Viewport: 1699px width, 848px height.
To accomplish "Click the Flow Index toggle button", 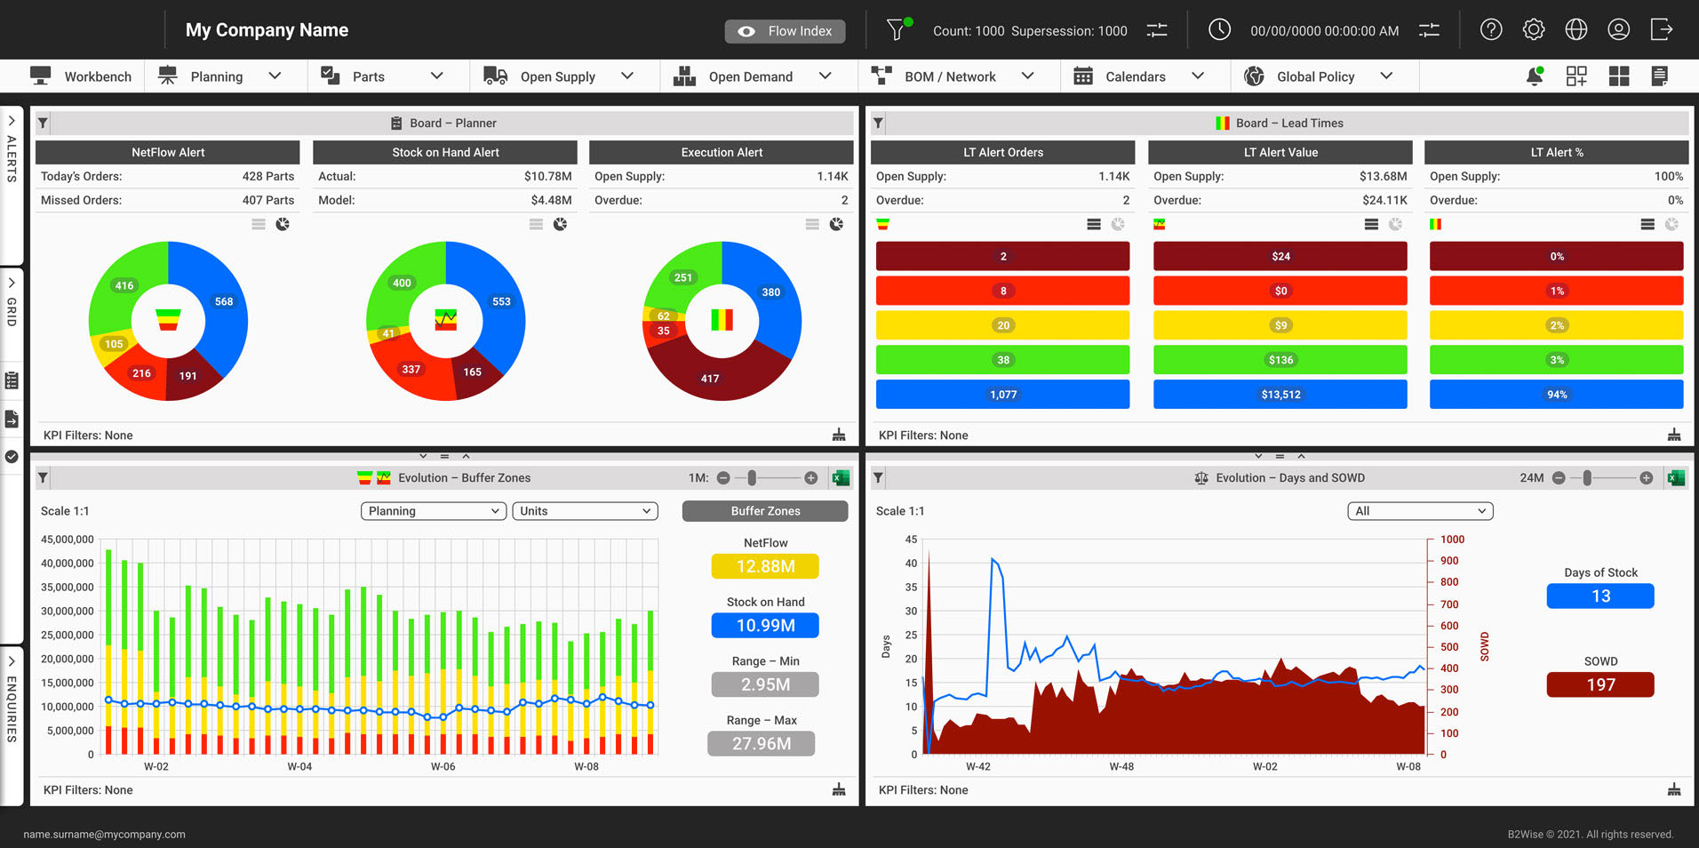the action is click(x=785, y=31).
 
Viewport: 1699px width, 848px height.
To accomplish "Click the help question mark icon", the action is click(x=1491, y=30).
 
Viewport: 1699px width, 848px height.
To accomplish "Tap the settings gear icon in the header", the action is click(x=1534, y=30).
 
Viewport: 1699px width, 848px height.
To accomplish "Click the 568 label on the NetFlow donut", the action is click(x=224, y=301).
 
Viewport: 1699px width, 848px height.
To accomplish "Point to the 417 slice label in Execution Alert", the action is click(x=710, y=379).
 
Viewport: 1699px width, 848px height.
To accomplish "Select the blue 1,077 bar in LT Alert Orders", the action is click(x=1002, y=395).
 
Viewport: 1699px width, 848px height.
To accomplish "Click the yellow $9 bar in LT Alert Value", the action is click(x=1280, y=325).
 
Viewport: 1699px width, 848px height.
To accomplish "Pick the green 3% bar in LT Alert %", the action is click(x=1556, y=360).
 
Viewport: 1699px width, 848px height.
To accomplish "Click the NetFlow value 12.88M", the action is click(x=765, y=566).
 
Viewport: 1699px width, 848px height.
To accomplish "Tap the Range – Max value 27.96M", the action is click(x=762, y=744).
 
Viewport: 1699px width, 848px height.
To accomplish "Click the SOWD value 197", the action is click(x=1600, y=684).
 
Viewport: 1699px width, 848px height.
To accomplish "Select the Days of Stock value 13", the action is click(x=1600, y=596).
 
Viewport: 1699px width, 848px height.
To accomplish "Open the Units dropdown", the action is click(x=585, y=511).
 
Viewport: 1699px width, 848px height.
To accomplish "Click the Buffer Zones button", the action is click(x=765, y=511).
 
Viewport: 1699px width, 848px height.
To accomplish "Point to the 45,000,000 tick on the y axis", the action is click(x=68, y=540).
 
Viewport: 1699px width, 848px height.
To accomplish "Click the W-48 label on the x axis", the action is click(x=1121, y=766).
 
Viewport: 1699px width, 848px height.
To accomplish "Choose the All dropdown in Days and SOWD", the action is click(x=1420, y=511).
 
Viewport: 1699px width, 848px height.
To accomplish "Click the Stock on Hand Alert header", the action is click(x=445, y=152).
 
